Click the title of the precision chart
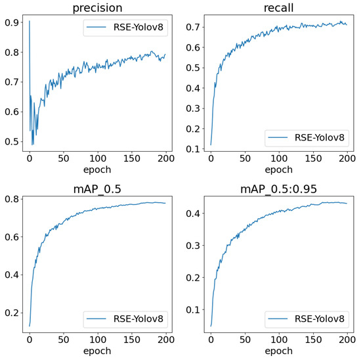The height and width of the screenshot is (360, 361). tap(96, 7)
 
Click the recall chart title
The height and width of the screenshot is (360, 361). tap(278, 7)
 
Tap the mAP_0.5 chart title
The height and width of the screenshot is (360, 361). tap(96, 191)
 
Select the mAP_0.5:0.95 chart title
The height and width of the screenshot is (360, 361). tap(278, 191)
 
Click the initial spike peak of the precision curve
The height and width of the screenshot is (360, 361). tap(29, 21)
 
